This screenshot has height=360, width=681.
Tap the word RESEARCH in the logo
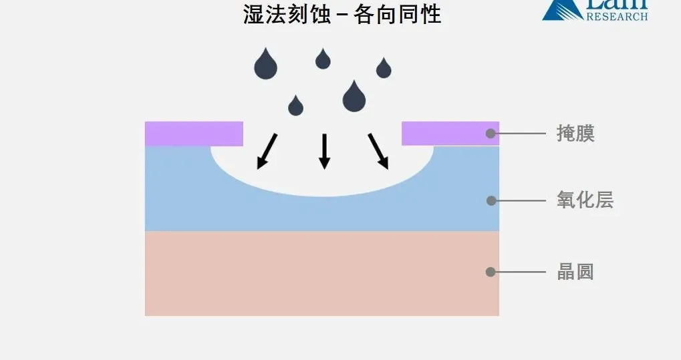pyautogui.click(x=617, y=15)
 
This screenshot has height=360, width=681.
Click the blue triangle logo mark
pyautogui.click(x=557, y=9)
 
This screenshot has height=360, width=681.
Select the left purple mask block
pyautogui.click(x=194, y=133)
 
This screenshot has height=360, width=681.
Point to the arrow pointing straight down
pyautogui.click(x=324, y=151)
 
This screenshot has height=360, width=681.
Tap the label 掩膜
pyautogui.click(x=575, y=134)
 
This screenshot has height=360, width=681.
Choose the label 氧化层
pyautogui.click(x=585, y=200)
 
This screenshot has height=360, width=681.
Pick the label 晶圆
pyautogui.click(x=575, y=272)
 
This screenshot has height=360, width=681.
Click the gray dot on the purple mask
pyautogui.click(x=491, y=134)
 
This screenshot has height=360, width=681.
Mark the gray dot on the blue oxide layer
pyautogui.click(x=491, y=200)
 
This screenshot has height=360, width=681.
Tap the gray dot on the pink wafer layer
pyautogui.click(x=491, y=272)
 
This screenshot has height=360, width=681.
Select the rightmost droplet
pyautogui.click(x=384, y=68)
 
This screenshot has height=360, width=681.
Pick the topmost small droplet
pyautogui.click(x=323, y=59)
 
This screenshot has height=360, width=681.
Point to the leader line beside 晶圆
pyautogui.click(x=521, y=272)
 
